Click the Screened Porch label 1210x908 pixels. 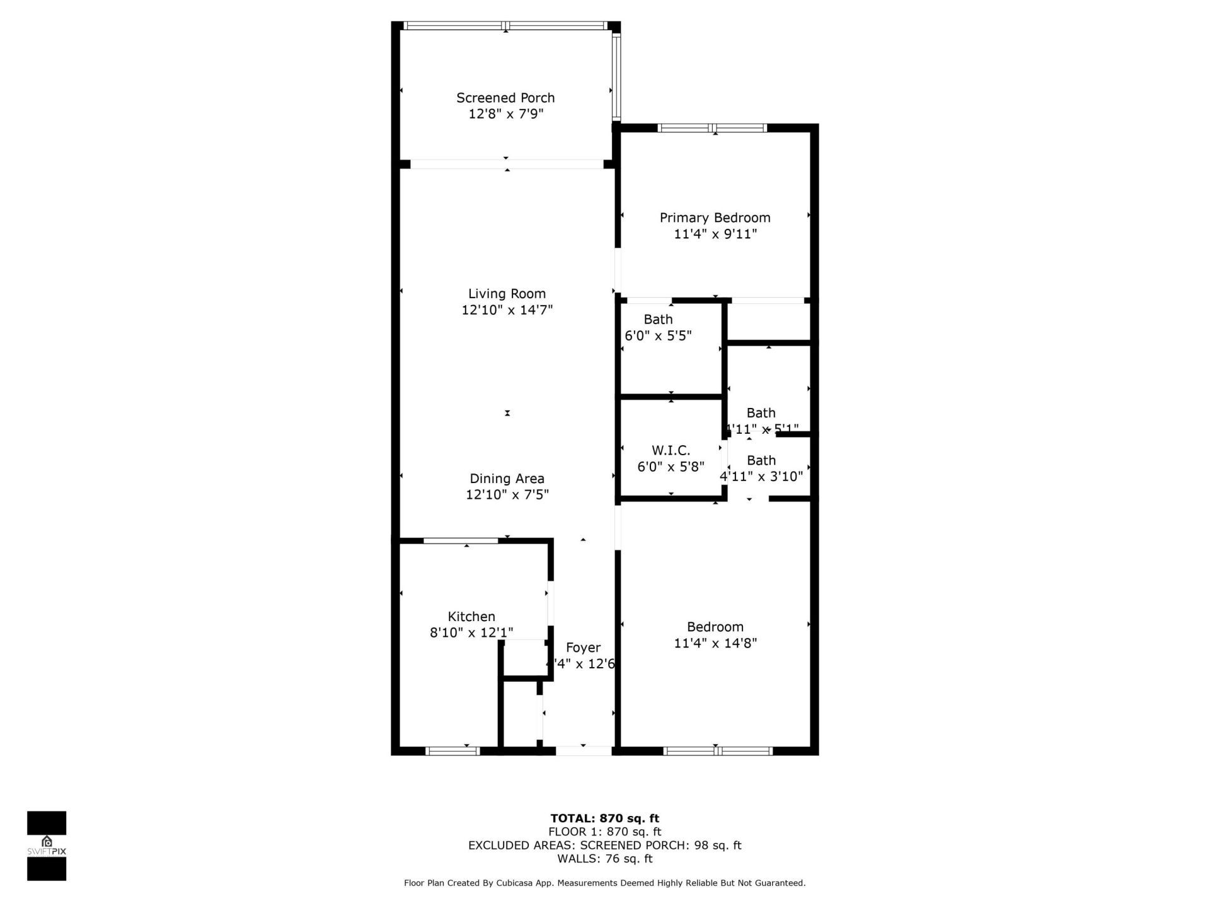[505, 98]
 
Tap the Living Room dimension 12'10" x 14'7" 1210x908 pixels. [507, 310]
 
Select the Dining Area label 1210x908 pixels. [507, 479]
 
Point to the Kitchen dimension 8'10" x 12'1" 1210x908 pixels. [471, 632]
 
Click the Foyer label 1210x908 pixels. [583, 648]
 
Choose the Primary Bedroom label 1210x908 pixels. [715, 218]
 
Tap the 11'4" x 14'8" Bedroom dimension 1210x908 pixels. [715, 643]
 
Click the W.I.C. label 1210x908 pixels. [671, 450]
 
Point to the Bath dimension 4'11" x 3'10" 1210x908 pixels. [761, 477]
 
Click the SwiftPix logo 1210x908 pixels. [47, 845]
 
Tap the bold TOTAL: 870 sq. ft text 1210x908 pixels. [604, 818]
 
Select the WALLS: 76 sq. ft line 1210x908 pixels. [604, 859]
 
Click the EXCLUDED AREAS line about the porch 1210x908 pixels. [604, 846]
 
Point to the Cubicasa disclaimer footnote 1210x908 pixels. [604, 883]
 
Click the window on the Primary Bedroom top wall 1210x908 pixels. [712, 128]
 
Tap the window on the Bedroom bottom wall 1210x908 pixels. [718, 751]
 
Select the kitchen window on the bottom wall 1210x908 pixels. [452, 751]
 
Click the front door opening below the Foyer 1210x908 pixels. [584, 751]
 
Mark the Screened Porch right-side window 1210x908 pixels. [616, 76]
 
